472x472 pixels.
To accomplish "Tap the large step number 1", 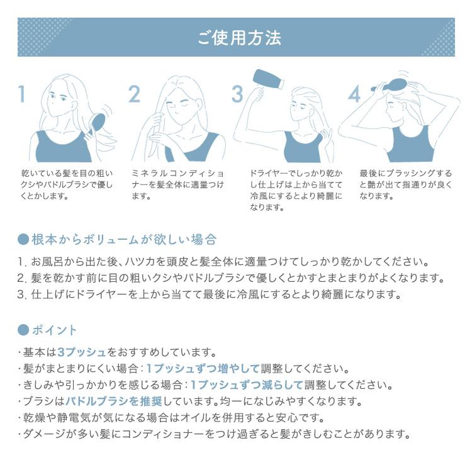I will coord(23,94).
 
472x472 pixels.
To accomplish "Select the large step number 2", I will coord(134,94).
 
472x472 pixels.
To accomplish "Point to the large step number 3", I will coord(237,94).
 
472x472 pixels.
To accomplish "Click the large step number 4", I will coord(354,94).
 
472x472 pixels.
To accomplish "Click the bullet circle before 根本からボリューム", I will coord(23,240).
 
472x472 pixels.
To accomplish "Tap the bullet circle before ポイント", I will coord(23,330).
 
